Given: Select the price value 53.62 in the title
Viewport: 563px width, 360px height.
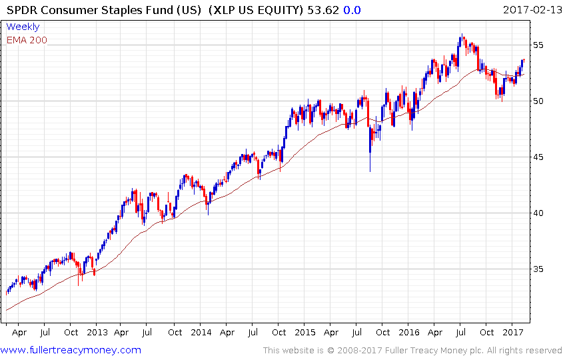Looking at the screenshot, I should click(312, 10).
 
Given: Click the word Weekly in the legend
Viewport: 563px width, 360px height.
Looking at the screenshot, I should click(23, 27).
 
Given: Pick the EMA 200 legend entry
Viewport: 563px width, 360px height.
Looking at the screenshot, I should click(27, 40).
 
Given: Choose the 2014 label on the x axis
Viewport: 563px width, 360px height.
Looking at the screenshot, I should click(201, 331).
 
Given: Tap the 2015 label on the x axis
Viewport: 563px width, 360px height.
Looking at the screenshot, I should click(305, 331).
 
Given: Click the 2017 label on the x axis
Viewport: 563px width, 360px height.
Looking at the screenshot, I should click(512, 331).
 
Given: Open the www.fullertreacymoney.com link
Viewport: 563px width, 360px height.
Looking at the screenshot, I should click(71, 350).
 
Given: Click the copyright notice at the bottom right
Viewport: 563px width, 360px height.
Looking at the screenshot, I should click(412, 350).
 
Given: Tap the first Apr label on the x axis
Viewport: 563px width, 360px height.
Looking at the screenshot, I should click(19, 331).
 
